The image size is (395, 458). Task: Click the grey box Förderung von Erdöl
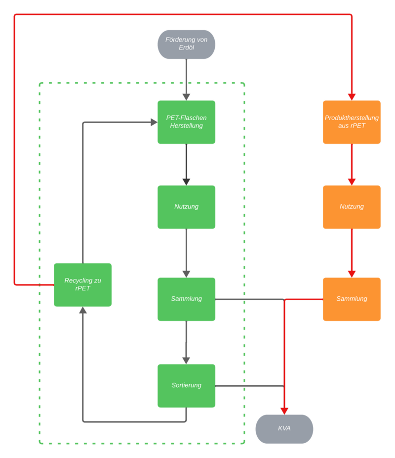click(186, 45)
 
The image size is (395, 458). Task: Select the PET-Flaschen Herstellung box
click(186, 122)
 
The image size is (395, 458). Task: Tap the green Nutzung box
click(186, 207)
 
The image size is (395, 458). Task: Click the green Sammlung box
click(186, 299)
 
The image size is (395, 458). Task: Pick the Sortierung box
click(186, 386)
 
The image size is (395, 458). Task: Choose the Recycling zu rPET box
click(83, 285)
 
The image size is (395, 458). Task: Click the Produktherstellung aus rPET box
click(352, 122)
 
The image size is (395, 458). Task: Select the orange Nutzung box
click(352, 207)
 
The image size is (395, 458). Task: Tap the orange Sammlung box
click(352, 299)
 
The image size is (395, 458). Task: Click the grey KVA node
click(284, 429)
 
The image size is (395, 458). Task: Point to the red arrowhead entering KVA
click(284, 412)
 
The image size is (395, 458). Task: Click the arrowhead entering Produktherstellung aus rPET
click(352, 97)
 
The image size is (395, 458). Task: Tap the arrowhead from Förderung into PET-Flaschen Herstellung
click(186, 97)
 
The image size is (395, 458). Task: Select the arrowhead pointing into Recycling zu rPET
click(83, 310)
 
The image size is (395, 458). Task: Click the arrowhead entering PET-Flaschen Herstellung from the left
click(154, 122)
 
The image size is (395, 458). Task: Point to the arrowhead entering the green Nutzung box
click(186, 182)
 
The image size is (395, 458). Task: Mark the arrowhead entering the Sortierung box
click(186, 361)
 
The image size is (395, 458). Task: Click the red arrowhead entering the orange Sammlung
click(352, 275)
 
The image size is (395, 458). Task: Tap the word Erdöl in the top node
click(186, 47)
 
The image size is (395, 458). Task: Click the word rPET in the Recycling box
click(83, 288)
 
